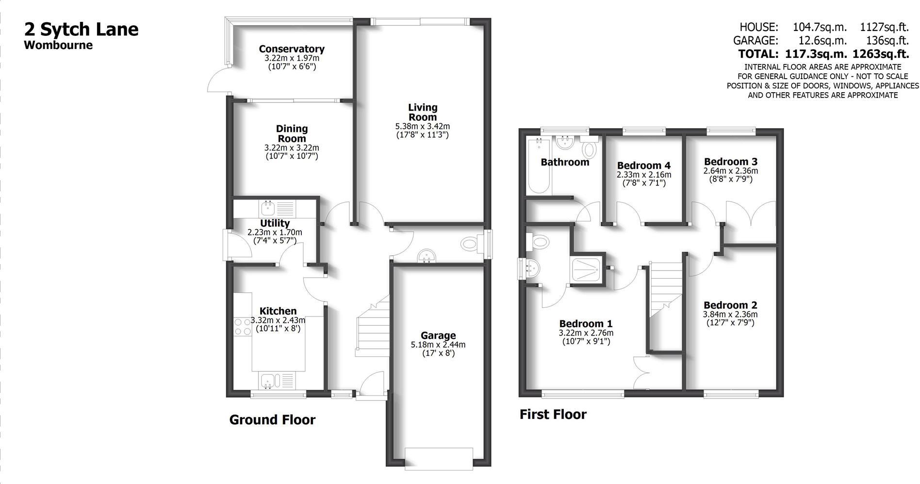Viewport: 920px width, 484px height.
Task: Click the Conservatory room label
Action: pos(292,49)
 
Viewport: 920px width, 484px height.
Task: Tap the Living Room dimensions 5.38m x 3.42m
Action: pos(422,126)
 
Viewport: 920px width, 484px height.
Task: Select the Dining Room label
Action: pos(292,134)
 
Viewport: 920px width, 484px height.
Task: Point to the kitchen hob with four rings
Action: pos(241,326)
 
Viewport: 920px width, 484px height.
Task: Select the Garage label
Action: pos(438,335)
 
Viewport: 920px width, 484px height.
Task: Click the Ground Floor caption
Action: pos(272,420)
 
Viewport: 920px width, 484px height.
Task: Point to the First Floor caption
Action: pos(553,415)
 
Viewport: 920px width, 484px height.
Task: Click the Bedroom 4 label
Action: pos(643,166)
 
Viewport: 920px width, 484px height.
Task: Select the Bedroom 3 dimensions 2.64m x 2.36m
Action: pos(730,171)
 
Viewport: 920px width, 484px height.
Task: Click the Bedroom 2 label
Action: pos(730,305)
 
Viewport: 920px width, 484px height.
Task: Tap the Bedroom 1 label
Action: pos(586,324)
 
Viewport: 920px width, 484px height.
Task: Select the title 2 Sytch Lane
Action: pos(82,30)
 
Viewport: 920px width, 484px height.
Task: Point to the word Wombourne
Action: pos(58,46)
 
